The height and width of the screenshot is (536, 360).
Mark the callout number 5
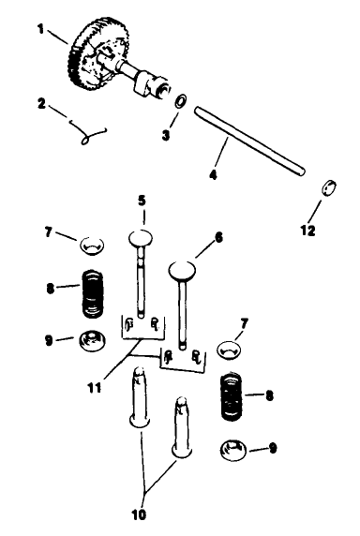142,200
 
